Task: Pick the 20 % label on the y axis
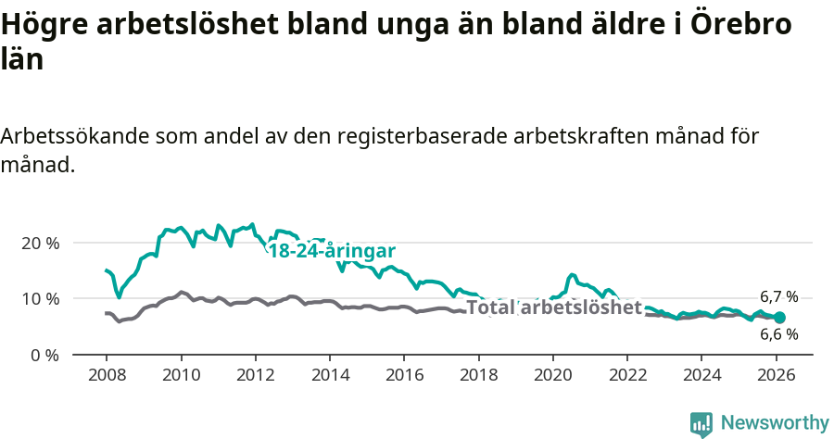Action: click(40, 243)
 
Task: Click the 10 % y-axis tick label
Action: click(40, 299)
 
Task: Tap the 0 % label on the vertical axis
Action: click(44, 355)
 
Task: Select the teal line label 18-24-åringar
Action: click(332, 251)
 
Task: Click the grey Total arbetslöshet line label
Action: click(553, 307)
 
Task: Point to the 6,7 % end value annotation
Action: click(778, 297)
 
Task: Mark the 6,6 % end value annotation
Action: click(778, 334)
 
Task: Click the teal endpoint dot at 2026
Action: click(780, 318)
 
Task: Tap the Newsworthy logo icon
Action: click(701, 424)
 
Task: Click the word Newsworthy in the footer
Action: click(775, 423)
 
